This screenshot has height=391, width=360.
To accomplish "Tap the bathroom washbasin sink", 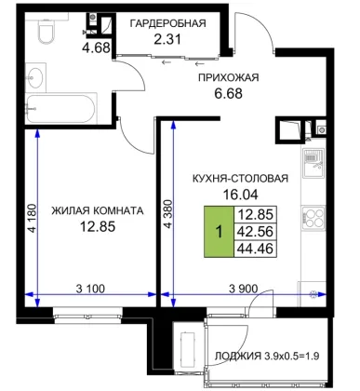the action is (35, 77).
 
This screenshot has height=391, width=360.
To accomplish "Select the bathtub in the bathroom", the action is (60, 108).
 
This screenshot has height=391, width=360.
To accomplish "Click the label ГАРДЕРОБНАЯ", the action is (167, 23).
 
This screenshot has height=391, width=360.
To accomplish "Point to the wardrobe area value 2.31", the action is (167, 39).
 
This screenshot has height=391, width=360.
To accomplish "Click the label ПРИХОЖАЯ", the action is (229, 77).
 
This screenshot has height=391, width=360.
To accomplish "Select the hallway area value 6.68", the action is (229, 93).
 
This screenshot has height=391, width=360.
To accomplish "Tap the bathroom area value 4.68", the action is (96, 47).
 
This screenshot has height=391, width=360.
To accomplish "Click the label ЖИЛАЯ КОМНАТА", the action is (98, 210).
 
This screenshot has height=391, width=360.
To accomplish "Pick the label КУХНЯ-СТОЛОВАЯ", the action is (240, 179).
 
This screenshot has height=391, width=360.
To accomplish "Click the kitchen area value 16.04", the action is (240, 195).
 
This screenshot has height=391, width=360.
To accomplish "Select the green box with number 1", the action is (219, 232).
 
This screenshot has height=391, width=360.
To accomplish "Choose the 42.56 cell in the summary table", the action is (256, 232).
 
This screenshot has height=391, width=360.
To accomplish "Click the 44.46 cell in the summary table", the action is (256, 249).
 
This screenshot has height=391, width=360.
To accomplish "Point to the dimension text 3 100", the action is (90, 289).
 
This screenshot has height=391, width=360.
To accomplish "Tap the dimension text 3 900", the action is (243, 289).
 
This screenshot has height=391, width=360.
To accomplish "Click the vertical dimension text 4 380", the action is (167, 214).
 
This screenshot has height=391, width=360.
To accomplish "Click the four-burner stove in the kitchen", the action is (313, 217).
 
